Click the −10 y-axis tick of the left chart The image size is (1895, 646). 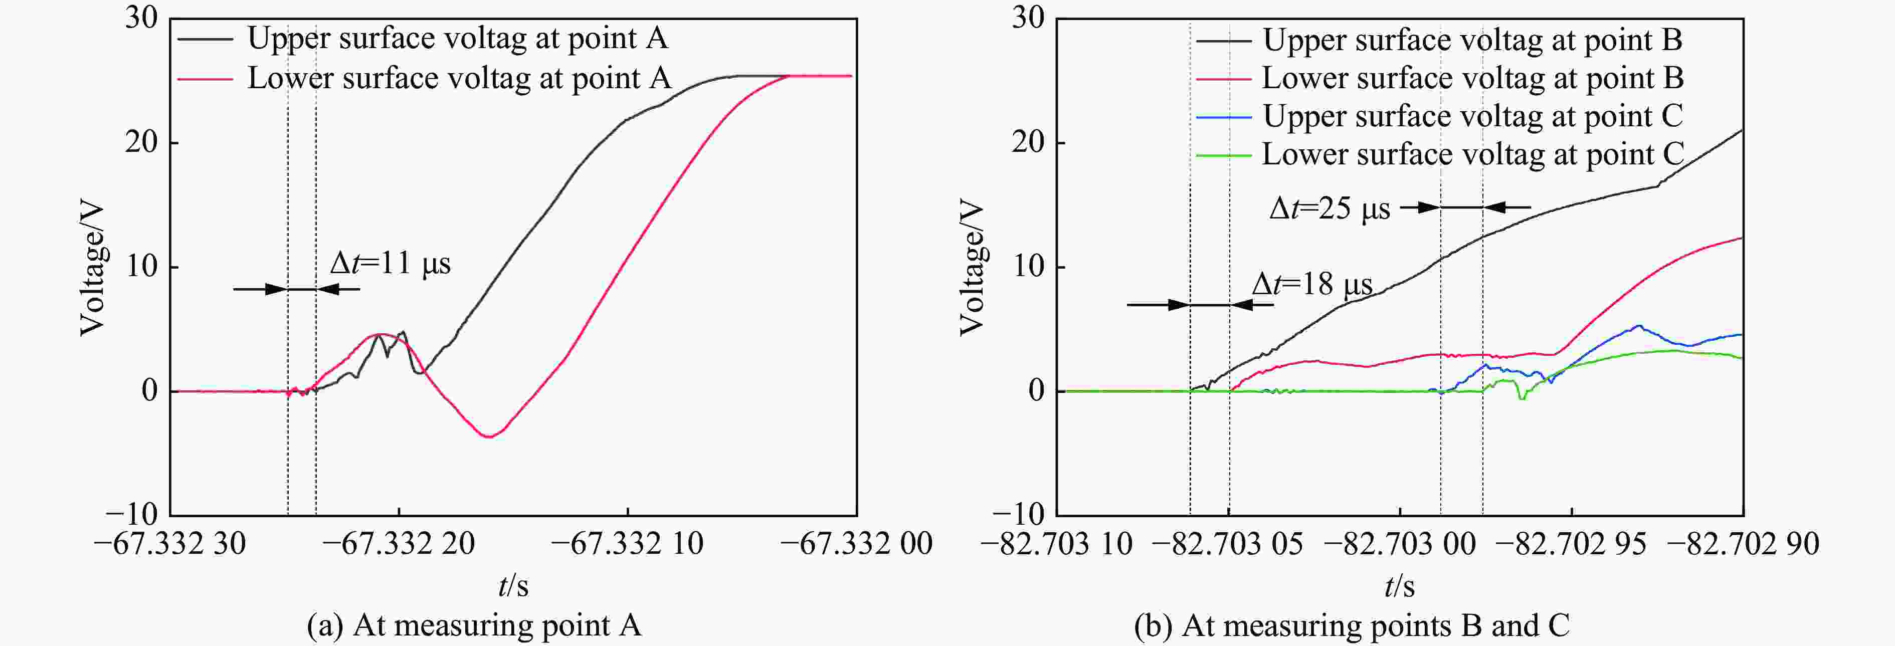point(132,514)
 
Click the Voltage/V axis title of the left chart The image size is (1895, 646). point(93,269)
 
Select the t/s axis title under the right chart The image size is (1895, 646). point(1399,586)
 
